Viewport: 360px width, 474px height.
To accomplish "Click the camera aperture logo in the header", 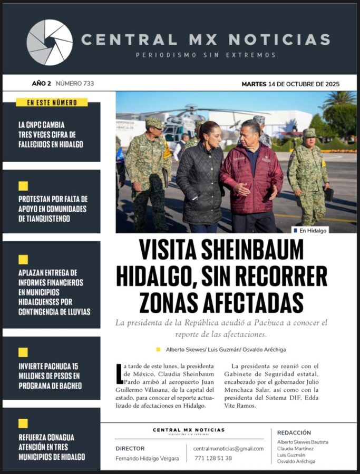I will click(50, 42).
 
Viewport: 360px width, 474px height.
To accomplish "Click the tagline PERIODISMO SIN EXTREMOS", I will click(206, 55).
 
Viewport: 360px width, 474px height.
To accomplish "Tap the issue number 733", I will click(75, 83).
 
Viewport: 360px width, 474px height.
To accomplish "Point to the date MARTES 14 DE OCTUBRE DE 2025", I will click(290, 84).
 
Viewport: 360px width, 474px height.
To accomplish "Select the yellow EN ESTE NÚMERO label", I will click(52, 103).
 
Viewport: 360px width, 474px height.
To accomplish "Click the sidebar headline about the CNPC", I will click(51, 135).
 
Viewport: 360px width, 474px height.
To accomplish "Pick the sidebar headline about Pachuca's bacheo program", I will click(50, 376).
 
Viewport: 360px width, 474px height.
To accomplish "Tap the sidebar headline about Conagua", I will click(52, 447).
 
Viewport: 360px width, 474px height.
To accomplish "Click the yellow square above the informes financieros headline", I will click(23, 259).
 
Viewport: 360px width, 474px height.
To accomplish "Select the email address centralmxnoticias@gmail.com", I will click(228, 448).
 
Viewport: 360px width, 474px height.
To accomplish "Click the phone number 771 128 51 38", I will click(213, 458).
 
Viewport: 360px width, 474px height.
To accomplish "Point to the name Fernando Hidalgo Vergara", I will click(147, 458).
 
